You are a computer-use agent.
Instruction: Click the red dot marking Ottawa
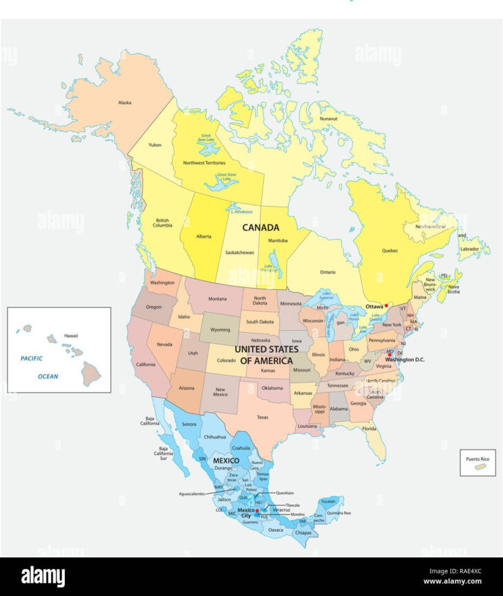click(386, 305)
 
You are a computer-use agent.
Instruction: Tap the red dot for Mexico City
click(257, 511)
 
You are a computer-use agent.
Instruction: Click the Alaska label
click(124, 103)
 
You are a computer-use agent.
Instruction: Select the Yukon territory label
click(155, 145)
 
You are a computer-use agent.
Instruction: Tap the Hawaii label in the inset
click(71, 335)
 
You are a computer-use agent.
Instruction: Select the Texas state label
click(263, 417)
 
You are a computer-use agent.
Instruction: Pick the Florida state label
click(369, 429)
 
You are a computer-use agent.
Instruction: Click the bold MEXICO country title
click(226, 460)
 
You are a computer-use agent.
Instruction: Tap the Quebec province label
click(390, 251)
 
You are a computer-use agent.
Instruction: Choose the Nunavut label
click(328, 119)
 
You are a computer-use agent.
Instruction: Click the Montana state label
click(218, 298)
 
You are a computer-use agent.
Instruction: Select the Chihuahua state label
click(215, 436)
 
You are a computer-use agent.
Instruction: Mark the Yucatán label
click(328, 501)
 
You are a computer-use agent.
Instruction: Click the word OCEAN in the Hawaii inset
click(48, 376)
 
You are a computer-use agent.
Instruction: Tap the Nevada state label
click(164, 344)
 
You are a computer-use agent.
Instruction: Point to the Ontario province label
click(328, 271)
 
